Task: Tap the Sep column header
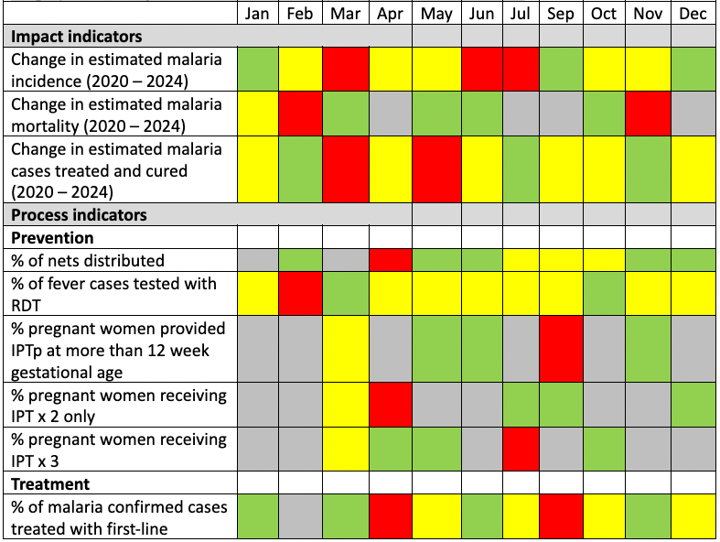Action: [x=561, y=14]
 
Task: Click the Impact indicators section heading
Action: [x=77, y=37]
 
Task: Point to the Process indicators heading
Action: [x=79, y=215]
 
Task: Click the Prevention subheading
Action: [x=53, y=238]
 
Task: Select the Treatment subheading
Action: [x=50, y=483]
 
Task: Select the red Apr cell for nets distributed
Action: [x=392, y=261]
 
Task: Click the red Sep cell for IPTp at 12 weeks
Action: [x=561, y=350]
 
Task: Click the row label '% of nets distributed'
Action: [x=88, y=261]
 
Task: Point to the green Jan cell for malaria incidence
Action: [x=259, y=70]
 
